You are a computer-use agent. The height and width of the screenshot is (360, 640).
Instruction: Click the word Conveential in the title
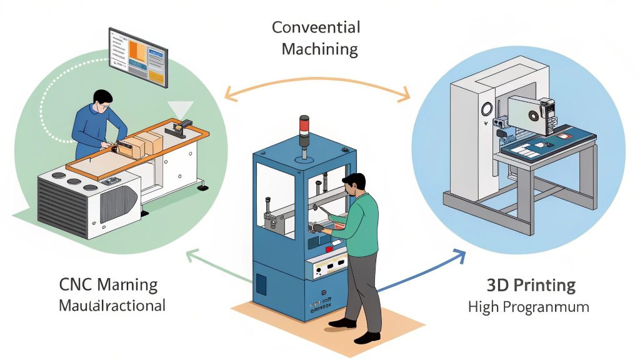point(316,28)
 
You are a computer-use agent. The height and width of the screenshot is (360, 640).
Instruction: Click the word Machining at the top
point(319,49)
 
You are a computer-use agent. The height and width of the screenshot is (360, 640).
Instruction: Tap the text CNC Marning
point(108,285)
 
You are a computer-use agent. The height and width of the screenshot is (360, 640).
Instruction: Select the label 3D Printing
point(531,286)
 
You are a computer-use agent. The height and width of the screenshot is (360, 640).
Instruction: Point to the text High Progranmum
point(529,307)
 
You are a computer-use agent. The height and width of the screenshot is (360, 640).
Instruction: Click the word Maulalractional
point(112,306)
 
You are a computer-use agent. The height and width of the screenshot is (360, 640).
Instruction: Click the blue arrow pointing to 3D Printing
point(425,269)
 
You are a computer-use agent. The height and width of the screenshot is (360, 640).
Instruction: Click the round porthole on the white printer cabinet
point(484,109)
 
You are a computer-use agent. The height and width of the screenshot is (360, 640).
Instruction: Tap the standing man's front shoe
point(342,323)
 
